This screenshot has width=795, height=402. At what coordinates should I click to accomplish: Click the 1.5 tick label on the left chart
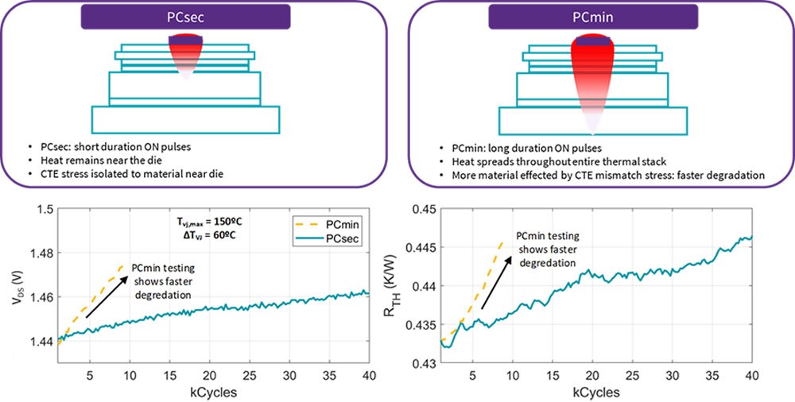point(41,210)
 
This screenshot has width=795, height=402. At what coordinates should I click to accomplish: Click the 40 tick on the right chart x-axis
point(750,375)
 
